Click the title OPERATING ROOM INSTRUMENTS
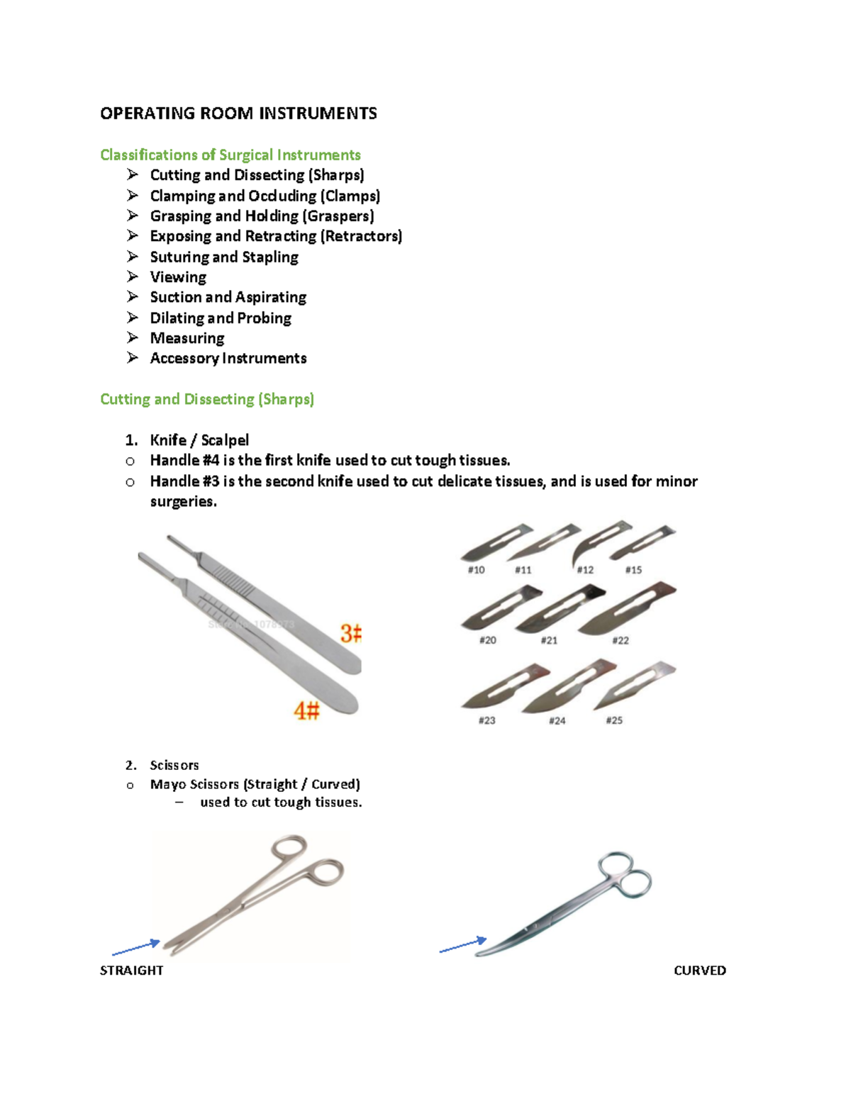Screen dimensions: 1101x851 click(x=238, y=113)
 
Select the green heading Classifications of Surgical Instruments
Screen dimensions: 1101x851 click(x=230, y=155)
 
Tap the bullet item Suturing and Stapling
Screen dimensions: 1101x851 click(x=223, y=257)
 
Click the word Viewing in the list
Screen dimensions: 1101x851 click(x=178, y=277)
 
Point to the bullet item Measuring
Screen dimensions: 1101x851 click(x=187, y=338)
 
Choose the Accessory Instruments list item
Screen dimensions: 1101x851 click(x=228, y=358)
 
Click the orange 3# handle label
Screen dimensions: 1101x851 click(x=350, y=633)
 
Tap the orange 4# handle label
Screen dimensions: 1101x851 click(x=307, y=710)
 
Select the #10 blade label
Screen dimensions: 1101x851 click(x=476, y=570)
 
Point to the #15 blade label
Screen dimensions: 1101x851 click(x=633, y=570)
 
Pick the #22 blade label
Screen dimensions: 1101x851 click(x=621, y=640)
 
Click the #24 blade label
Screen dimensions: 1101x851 click(x=557, y=720)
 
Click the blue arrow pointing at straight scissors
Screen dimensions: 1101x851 click(x=136, y=948)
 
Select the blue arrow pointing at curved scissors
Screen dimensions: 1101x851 click(x=463, y=945)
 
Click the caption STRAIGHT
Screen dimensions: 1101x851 click(x=131, y=971)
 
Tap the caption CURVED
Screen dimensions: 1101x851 click(x=699, y=971)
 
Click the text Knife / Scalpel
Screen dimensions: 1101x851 click(x=199, y=440)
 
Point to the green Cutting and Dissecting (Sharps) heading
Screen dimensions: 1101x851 click(x=206, y=399)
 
